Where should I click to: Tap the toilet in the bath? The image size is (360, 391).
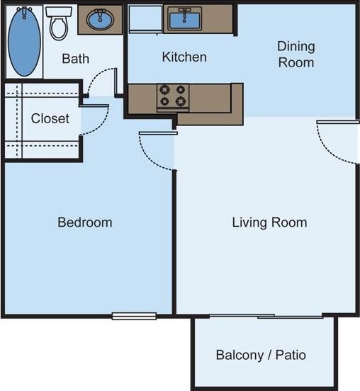pos(58,24)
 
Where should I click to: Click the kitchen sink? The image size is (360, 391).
pos(182,18)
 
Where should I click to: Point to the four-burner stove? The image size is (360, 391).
pos(173,96)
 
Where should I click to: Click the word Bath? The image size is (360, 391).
pos(75,58)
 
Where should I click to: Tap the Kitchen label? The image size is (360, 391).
pos(184,57)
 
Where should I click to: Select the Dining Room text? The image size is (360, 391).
pos(296,55)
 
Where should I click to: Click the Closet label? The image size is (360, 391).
pos(50,118)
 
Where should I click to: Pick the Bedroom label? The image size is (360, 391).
pos(84,222)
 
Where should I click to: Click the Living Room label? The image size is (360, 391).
pos(269,222)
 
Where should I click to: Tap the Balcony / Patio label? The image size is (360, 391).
pos(261,354)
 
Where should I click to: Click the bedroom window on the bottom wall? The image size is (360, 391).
pos(134,316)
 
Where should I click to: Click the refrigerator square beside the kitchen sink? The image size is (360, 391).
pos(145,20)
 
